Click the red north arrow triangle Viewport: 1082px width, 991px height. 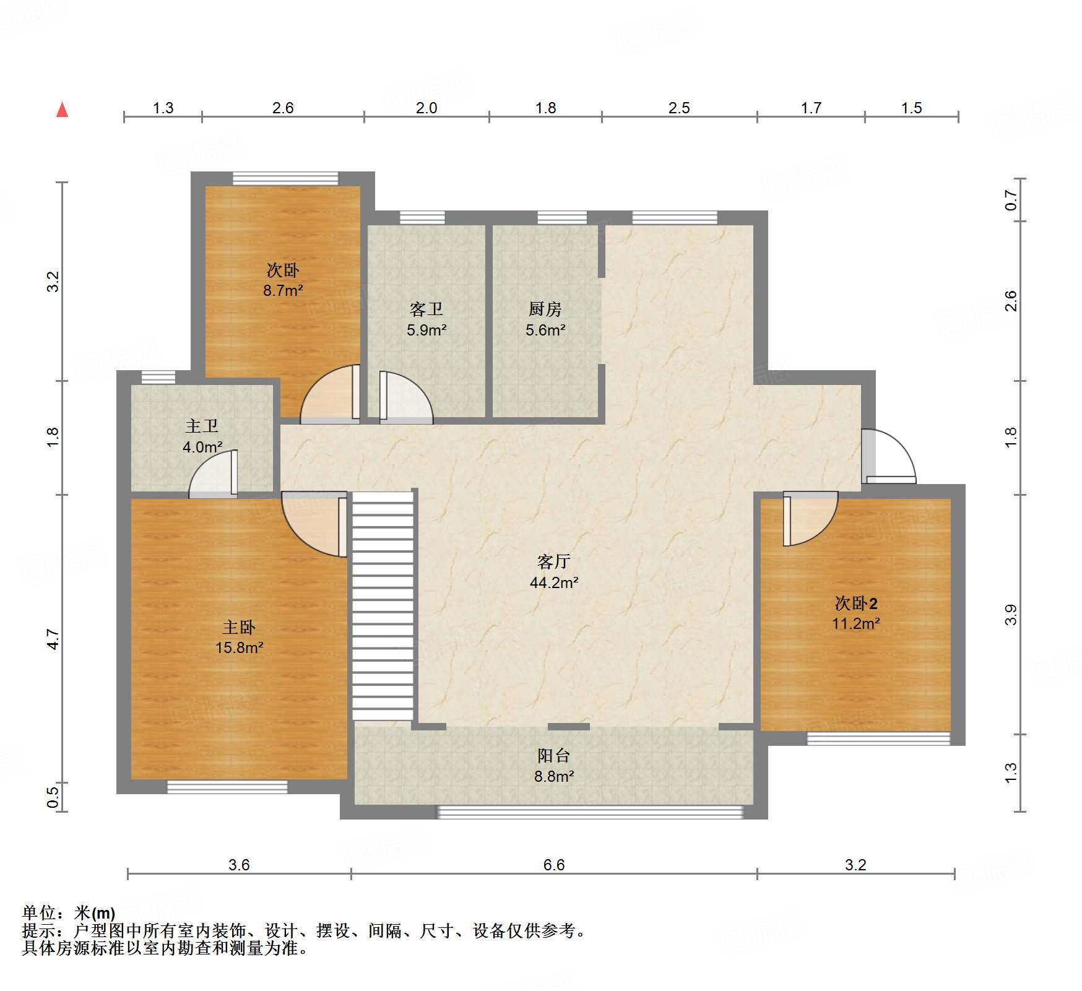point(62,110)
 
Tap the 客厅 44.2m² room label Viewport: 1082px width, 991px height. point(554,572)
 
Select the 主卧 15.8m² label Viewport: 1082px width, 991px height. point(240,638)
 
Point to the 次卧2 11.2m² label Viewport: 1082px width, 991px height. point(856,613)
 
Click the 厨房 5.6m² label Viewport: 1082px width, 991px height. point(545,319)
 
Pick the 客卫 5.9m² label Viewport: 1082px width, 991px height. point(426,319)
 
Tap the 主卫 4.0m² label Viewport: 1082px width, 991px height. point(202,436)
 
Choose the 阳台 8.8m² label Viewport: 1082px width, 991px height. point(554,766)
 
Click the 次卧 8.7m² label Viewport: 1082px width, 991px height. point(283,280)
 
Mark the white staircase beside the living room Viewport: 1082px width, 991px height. point(383,606)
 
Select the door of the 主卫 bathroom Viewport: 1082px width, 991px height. point(213,474)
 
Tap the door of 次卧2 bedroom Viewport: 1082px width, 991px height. point(810,519)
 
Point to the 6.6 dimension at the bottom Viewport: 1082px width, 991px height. point(554,865)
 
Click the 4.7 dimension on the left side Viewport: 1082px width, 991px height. point(53,639)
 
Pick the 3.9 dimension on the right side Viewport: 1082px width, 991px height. point(1011,615)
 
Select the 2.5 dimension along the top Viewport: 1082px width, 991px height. point(679,108)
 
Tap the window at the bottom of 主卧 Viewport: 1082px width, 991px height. point(227,787)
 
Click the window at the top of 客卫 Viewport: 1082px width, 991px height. point(422,217)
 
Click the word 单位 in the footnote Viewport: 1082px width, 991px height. point(39,913)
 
